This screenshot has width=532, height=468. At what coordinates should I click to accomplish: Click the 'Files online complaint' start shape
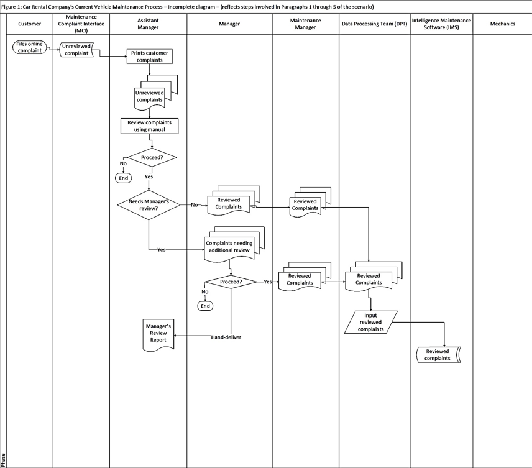[29, 47]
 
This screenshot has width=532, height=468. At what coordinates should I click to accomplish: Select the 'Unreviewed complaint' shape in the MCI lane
[76, 50]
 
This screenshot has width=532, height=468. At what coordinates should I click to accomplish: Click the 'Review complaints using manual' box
[149, 126]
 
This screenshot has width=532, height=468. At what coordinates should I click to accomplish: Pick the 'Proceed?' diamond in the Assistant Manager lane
[151, 158]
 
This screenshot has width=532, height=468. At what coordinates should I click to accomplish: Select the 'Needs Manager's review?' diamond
[149, 204]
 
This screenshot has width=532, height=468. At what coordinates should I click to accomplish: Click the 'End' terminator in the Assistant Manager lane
[123, 178]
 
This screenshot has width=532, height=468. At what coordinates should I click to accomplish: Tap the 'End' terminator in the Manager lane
[205, 306]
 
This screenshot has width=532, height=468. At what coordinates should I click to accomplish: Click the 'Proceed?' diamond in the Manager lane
[231, 282]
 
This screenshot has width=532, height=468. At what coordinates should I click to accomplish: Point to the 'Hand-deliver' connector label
[226, 337]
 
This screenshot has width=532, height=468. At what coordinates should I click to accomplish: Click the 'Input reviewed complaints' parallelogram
[371, 322]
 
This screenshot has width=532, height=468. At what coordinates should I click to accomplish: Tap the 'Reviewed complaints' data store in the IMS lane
[438, 355]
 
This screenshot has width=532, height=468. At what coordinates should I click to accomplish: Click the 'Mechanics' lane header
[502, 24]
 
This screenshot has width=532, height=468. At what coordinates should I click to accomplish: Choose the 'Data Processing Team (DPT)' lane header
[374, 24]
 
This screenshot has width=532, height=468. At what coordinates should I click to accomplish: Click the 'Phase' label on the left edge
[3, 459]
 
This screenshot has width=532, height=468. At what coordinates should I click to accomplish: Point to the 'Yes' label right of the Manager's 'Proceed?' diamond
[268, 282]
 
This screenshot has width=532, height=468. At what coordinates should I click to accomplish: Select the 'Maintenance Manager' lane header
[305, 24]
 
